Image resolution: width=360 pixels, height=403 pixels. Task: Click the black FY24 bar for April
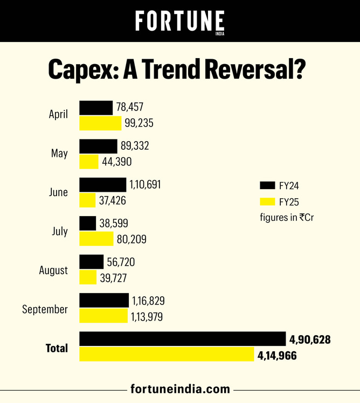[x=96, y=107]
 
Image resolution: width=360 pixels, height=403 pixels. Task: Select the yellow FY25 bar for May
[x=89, y=162]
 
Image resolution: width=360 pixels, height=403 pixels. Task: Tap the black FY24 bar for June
[x=103, y=185]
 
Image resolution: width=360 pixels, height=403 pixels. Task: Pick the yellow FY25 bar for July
[x=96, y=239]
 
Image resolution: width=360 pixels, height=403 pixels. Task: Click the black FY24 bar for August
[x=92, y=262]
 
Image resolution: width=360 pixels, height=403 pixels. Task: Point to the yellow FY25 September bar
[x=103, y=317]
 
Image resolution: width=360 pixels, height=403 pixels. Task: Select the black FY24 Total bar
[x=182, y=339]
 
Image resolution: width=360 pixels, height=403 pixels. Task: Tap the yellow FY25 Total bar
[x=167, y=355]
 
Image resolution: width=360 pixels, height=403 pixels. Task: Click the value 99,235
[x=140, y=123]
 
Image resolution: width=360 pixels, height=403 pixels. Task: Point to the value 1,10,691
[x=144, y=185]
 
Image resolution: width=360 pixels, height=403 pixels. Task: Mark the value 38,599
[x=114, y=224]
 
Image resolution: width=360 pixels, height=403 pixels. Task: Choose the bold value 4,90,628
[x=309, y=340]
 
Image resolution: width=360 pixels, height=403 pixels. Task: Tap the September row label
[x=45, y=309]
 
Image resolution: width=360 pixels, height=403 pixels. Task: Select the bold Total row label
[x=57, y=348]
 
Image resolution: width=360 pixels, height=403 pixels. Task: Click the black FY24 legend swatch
[x=267, y=185]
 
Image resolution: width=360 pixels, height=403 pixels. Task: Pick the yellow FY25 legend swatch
[x=267, y=202]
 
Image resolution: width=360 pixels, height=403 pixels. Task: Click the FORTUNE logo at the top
[x=180, y=22]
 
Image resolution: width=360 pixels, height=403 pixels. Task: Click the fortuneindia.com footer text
[x=180, y=389]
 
